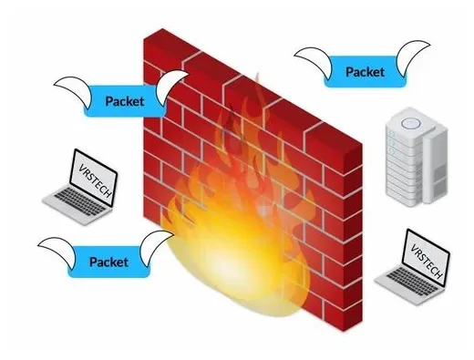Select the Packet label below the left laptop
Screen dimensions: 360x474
point(108,261)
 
